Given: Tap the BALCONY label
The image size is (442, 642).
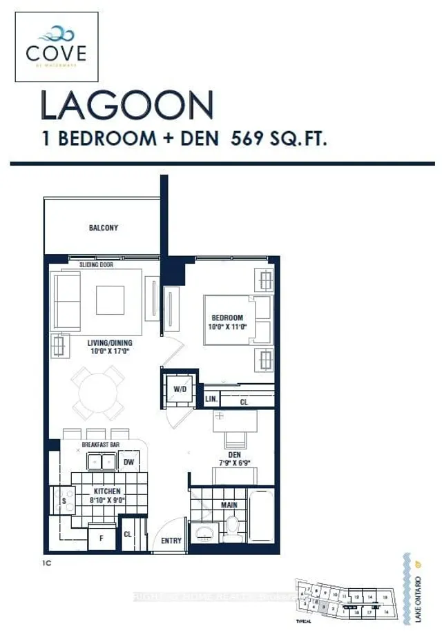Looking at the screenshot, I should (103, 228).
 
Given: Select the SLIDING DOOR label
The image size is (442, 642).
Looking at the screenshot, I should (97, 264).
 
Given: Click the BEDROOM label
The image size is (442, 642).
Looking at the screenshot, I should (229, 320).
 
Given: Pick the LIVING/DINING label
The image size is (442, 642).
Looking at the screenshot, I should (110, 343).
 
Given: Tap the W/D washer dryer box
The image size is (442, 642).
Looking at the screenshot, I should (179, 389).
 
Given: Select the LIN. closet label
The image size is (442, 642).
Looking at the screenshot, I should (211, 400).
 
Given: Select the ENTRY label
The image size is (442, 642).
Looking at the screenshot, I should (171, 541).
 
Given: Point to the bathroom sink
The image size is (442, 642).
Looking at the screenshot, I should (204, 534).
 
